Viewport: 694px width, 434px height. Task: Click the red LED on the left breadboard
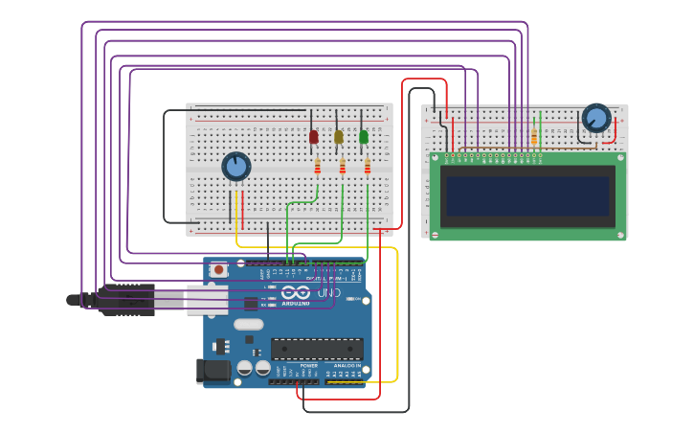(314, 137)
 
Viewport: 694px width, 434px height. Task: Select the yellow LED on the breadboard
(339, 137)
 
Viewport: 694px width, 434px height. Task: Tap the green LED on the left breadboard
(364, 137)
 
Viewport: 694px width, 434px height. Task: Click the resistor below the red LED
(318, 167)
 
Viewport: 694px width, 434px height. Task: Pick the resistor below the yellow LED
(343, 167)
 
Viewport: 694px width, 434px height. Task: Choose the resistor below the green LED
(368, 167)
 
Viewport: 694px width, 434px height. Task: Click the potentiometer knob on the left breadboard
(236, 166)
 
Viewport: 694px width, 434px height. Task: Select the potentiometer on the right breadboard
(596, 118)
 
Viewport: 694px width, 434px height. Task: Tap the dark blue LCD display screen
(527, 195)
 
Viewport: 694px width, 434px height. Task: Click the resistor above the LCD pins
(534, 138)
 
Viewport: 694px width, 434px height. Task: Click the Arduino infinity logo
(295, 292)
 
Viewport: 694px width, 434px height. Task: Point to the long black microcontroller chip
(317, 349)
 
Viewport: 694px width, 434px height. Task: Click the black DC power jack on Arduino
(213, 371)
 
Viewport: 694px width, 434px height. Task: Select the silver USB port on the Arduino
(208, 300)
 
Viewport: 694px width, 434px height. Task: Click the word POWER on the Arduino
(309, 366)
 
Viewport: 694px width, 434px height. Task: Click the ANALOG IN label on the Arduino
(347, 366)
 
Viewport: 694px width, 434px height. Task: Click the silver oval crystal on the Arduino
(248, 324)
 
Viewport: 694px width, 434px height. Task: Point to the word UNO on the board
(328, 291)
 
